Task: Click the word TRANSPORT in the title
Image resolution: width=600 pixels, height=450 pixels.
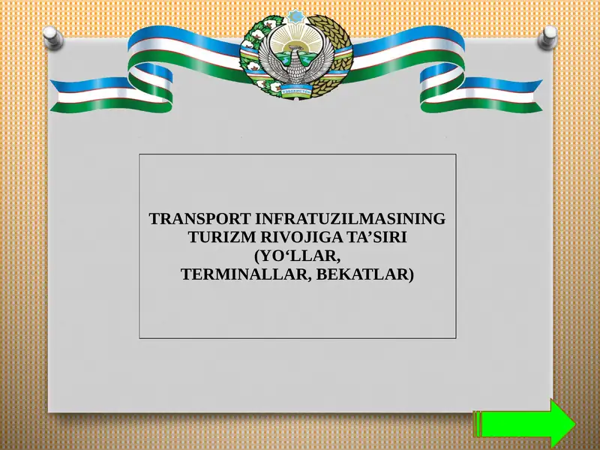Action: tap(200, 220)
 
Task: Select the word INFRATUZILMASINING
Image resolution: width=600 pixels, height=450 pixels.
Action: tap(350, 220)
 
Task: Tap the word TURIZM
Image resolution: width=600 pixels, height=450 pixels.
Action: tap(216, 238)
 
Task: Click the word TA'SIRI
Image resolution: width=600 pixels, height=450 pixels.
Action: tap(373, 238)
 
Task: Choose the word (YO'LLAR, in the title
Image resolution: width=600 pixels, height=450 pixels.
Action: tap(298, 256)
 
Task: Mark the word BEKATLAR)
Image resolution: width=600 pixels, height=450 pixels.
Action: tap(365, 274)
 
